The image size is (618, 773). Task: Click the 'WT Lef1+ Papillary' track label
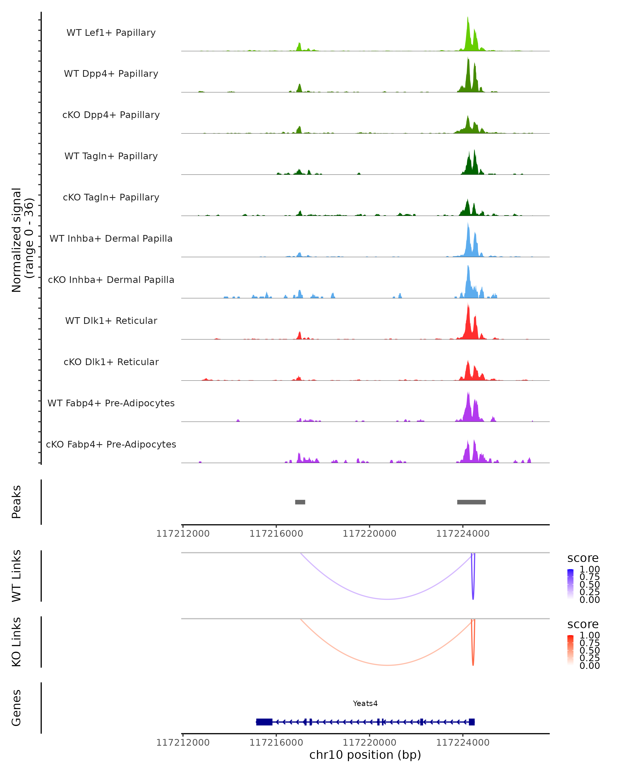click(111, 33)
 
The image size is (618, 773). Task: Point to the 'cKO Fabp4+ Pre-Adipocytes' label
click(111, 444)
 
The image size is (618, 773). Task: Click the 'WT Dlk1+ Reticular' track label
click(111, 321)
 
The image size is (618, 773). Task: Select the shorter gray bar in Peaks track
click(300, 502)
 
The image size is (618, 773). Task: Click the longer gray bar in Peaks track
click(471, 502)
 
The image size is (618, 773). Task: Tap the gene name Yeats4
click(365, 703)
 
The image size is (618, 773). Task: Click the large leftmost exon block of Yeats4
click(264, 722)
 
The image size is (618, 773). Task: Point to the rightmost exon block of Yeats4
click(471, 722)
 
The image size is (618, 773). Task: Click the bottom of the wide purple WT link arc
click(388, 599)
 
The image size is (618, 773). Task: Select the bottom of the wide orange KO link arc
click(388, 665)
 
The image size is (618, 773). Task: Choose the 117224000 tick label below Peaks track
click(462, 534)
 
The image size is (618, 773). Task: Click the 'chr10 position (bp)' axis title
click(365, 755)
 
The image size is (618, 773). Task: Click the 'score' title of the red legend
click(582, 624)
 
